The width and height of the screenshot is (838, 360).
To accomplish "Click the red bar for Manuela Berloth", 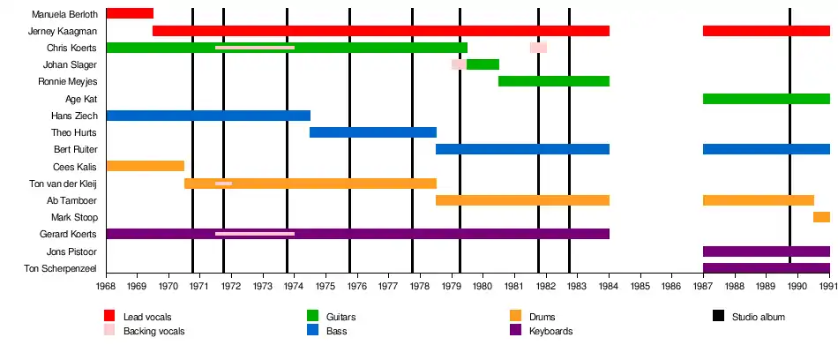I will tap(130, 14).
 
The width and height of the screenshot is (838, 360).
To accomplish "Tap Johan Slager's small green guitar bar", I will tap(483, 64).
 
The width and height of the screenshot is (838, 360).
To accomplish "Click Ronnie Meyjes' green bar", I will tap(553, 81).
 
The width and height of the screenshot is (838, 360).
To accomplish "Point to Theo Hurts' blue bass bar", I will tap(372, 132).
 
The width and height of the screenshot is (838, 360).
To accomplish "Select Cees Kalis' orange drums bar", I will tap(145, 166).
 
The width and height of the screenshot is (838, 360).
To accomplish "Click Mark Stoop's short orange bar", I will tap(821, 217).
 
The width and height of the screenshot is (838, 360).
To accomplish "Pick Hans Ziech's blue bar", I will tap(208, 116).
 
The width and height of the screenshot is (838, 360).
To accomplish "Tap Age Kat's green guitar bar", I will tap(766, 99).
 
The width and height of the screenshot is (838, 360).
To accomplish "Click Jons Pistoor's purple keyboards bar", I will tap(766, 251).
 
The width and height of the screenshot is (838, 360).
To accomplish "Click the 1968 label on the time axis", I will tap(106, 286).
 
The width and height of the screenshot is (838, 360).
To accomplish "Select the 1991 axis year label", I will tap(828, 286).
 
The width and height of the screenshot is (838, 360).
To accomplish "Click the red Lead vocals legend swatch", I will tap(109, 316).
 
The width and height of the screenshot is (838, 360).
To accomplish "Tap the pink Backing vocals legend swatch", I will tap(109, 330).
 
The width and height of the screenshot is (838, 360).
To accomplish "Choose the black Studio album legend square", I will tap(718, 316).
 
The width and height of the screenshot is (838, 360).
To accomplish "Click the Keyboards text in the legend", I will tap(550, 331).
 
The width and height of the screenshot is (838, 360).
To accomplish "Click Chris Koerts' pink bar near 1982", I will tap(538, 48).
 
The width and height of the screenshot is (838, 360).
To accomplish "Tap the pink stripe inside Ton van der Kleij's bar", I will tap(223, 184).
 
